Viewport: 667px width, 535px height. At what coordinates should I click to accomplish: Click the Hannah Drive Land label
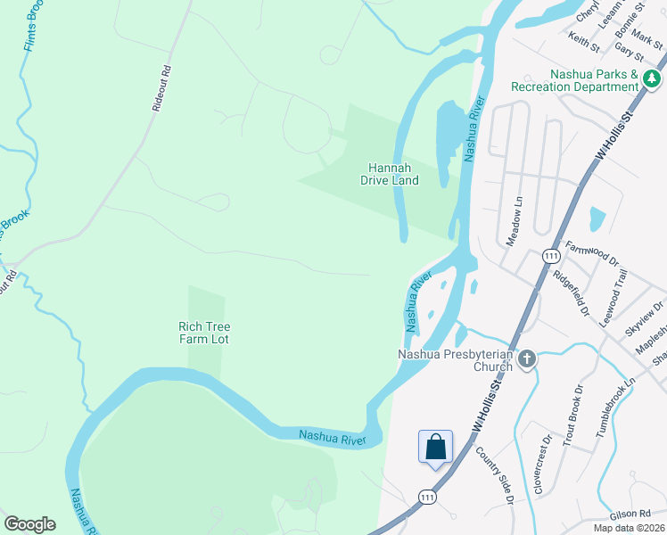(390, 174)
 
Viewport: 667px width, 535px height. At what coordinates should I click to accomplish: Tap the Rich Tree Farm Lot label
(204, 333)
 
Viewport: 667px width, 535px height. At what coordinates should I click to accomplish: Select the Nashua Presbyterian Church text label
(455, 360)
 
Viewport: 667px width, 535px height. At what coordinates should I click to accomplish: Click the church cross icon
(527, 360)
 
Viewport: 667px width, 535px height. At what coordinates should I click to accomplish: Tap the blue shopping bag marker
(435, 447)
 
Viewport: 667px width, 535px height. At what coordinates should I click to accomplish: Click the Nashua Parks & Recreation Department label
(575, 80)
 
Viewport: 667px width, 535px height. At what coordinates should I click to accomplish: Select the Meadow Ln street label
(513, 223)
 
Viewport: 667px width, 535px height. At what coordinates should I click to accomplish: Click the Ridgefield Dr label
(571, 293)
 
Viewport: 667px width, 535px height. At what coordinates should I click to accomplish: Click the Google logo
(29, 523)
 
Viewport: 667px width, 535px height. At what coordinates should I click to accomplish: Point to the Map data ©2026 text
(629, 528)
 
